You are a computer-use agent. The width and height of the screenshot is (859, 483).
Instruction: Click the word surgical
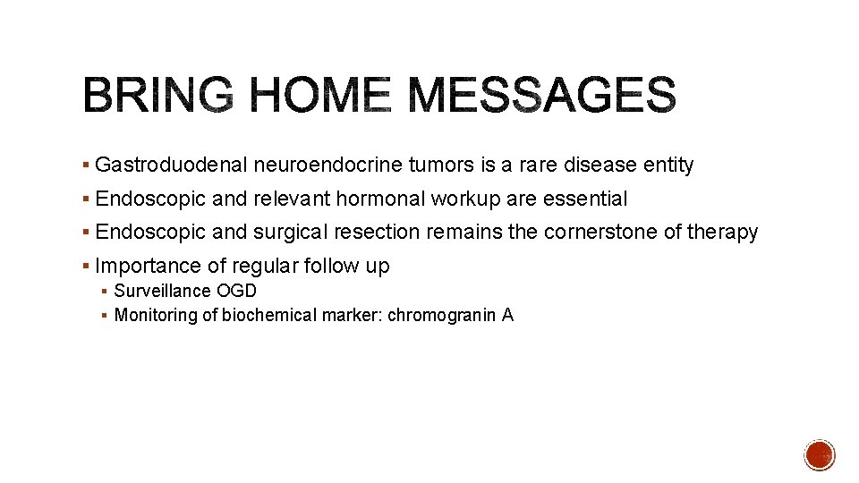pos(292,233)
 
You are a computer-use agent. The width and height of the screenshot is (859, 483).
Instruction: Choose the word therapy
pos(722,233)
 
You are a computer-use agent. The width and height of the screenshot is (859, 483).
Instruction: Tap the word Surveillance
pos(163,292)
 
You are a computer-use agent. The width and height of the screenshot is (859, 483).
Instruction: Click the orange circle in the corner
pos(819,455)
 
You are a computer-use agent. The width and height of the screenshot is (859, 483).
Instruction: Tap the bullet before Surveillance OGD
pos(105,292)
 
